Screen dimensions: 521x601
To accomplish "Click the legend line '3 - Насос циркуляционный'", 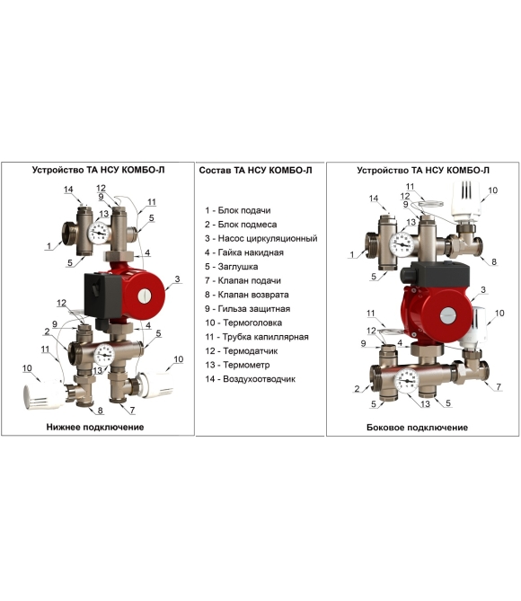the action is [x=260, y=238].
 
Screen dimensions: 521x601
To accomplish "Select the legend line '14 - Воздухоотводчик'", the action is [x=250, y=379].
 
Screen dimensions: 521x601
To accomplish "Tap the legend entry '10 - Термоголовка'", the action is [x=243, y=323].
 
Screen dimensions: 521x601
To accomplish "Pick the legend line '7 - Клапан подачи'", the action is [x=243, y=280].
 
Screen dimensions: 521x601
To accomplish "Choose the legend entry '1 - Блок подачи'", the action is [x=238, y=210].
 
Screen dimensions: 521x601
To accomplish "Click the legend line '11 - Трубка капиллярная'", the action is [x=257, y=337].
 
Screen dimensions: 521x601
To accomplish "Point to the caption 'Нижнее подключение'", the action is [x=95, y=427].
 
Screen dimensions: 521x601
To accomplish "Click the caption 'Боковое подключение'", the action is [x=417, y=428].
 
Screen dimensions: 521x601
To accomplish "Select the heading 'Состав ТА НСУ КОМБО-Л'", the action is [x=255, y=170].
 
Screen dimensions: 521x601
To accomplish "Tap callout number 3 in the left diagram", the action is [x=177, y=279].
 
